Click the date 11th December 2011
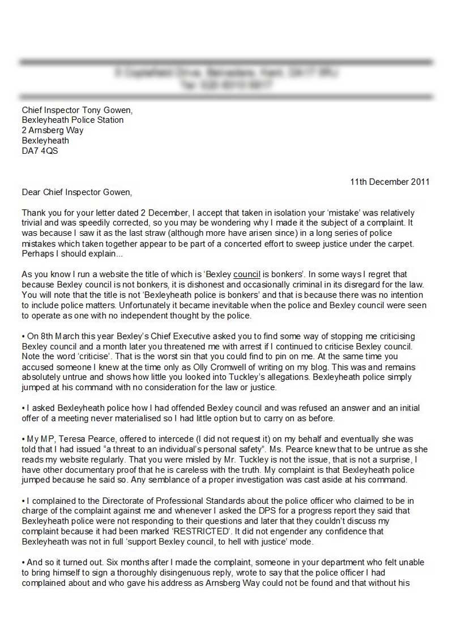(x=390, y=182)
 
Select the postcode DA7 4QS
(x=40, y=151)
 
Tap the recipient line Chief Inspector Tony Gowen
(x=77, y=110)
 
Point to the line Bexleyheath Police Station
(x=72, y=120)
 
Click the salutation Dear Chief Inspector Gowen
(x=76, y=192)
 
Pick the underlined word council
(x=242, y=275)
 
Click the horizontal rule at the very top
(x=226, y=62)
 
